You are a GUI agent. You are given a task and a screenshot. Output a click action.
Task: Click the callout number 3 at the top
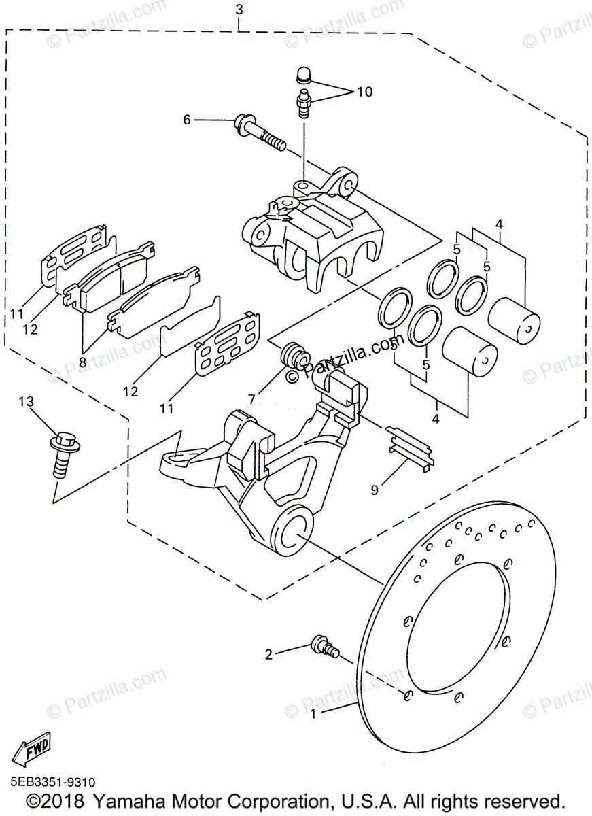[x=239, y=10]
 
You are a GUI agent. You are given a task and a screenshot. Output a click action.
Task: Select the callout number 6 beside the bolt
[x=186, y=120]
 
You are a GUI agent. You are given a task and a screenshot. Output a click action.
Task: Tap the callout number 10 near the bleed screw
[x=364, y=91]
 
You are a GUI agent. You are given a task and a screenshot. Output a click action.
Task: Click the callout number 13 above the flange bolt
[x=26, y=403]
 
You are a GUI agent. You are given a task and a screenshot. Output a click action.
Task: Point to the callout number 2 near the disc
[x=268, y=654]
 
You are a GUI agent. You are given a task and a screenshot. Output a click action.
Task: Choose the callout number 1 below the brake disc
[x=313, y=714]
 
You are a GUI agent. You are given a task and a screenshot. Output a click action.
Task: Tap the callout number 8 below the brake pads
[x=82, y=362]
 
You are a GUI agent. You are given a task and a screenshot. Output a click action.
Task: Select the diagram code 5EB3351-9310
[x=52, y=783]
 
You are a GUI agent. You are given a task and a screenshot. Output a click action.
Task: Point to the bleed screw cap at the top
[x=304, y=74]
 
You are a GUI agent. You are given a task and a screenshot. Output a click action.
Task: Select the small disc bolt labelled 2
[x=324, y=645]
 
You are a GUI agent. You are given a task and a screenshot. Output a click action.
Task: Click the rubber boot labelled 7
[x=294, y=355]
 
